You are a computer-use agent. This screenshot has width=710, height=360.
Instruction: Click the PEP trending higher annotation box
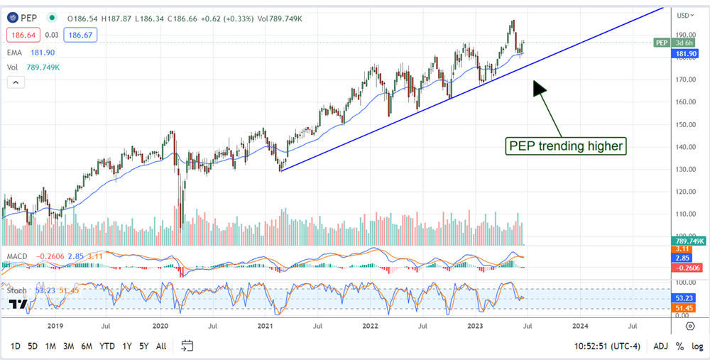(566, 146)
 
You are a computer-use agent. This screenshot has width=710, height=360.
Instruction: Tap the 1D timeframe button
(14, 346)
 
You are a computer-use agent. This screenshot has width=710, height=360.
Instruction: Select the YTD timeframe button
(107, 346)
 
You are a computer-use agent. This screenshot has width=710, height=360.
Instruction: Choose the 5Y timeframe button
(144, 346)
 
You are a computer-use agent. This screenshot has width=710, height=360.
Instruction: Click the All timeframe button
(161, 346)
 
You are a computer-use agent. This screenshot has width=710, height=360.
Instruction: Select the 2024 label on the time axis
(580, 326)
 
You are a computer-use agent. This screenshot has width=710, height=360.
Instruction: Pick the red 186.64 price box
(22, 33)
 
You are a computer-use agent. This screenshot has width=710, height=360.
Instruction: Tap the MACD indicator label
(17, 255)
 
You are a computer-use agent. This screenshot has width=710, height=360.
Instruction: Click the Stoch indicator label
(17, 290)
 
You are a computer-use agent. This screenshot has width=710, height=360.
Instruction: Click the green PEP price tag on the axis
(662, 43)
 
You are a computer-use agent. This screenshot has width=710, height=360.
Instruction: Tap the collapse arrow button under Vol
(16, 82)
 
